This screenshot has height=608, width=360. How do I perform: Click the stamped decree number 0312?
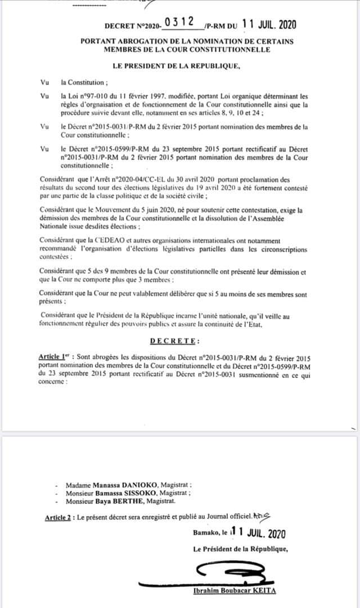179,23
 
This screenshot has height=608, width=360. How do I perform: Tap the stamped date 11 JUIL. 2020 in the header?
268,24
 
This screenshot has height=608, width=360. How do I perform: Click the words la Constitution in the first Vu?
82,82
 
